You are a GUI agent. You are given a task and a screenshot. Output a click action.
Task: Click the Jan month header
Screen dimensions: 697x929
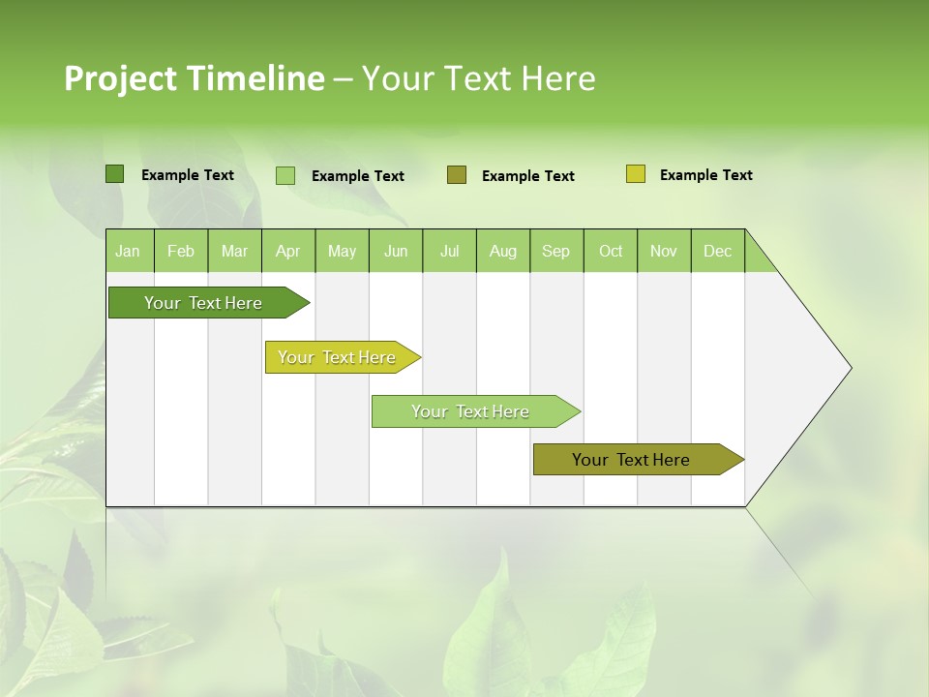(129, 251)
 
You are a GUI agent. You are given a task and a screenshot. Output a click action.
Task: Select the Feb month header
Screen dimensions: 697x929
(181, 251)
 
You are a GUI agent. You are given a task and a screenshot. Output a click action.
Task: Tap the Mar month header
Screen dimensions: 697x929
(234, 251)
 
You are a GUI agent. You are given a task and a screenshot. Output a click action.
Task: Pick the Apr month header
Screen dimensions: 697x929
(288, 251)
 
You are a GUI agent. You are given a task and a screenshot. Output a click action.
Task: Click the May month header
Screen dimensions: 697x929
(342, 251)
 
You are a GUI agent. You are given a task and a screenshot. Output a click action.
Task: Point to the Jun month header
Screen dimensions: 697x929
(396, 251)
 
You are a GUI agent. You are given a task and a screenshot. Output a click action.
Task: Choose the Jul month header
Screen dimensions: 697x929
(449, 251)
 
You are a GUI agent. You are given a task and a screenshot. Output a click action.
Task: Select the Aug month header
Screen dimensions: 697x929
(503, 251)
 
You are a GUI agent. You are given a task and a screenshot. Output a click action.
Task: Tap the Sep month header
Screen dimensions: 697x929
(556, 251)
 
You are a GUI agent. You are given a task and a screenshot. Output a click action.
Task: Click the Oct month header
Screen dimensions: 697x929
(611, 251)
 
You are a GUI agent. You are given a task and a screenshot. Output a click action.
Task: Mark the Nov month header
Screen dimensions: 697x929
(664, 251)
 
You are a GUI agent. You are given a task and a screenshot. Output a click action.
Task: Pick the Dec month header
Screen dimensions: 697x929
(718, 251)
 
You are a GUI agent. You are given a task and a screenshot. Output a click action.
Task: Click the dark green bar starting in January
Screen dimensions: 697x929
(204, 303)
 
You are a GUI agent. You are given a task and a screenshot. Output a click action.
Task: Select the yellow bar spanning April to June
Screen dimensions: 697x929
(338, 357)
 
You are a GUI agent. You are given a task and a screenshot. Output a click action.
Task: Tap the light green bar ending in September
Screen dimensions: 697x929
(471, 411)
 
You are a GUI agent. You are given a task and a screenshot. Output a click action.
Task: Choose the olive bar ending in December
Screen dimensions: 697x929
(632, 460)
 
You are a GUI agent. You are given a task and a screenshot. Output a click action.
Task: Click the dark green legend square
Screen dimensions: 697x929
(115, 174)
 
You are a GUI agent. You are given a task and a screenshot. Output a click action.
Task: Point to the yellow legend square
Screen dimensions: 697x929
(636, 174)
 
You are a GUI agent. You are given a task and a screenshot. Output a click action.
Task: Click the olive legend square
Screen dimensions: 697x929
(457, 175)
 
